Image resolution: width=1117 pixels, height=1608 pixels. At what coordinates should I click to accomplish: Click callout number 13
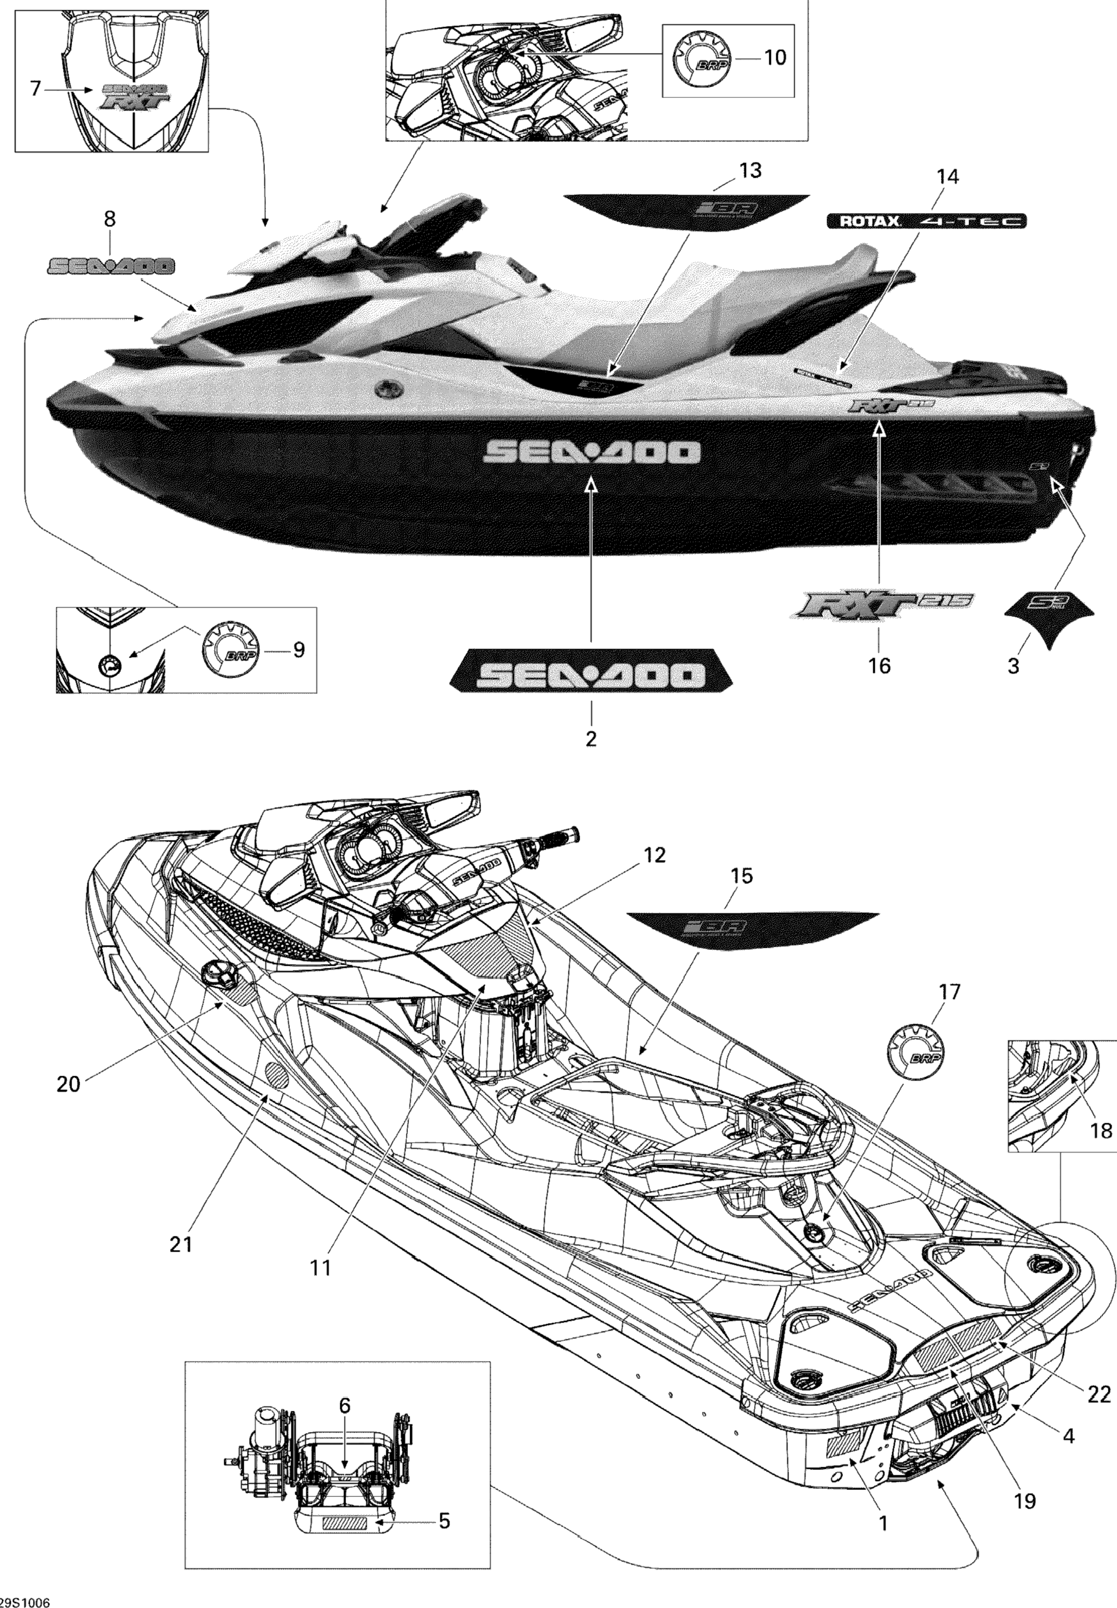(750, 171)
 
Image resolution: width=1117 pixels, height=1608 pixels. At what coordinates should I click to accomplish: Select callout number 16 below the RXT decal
(879, 665)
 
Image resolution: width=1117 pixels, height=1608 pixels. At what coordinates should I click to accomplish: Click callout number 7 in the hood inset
(36, 88)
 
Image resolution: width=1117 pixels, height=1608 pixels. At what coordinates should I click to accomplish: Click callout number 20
(69, 1084)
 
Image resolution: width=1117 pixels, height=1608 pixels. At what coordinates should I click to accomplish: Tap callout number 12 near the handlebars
(654, 855)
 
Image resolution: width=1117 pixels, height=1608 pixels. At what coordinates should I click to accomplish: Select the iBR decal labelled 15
(752, 927)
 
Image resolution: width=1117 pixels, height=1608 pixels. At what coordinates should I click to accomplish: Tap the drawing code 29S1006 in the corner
(25, 1598)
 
